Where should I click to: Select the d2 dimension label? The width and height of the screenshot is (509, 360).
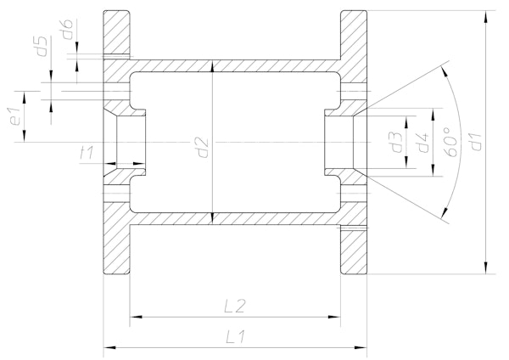point(204,148)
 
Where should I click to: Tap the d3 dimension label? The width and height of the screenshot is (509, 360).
point(397,142)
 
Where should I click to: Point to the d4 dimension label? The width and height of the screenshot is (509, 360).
point(423,143)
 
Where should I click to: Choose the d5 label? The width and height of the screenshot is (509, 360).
point(42,46)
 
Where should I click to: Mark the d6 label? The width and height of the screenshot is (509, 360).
point(67,29)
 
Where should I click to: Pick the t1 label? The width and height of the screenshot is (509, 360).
point(87,152)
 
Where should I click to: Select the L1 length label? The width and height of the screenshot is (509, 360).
point(236,336)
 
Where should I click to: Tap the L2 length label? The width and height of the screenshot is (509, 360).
point(236,306)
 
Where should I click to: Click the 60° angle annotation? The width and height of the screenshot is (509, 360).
point(451,142)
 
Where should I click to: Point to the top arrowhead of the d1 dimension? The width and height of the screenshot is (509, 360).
point(485,17)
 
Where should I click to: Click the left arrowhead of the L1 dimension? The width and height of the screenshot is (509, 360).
point(109,347)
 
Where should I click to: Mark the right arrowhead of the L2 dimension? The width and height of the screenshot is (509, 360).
point(334,317)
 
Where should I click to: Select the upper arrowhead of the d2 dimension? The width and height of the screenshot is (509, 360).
point(212,66)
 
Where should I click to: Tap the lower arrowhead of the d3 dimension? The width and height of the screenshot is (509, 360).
point(406,162)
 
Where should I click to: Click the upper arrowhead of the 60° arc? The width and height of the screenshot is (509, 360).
point(445,72)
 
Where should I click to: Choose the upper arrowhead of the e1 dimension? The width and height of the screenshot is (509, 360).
point(25,97)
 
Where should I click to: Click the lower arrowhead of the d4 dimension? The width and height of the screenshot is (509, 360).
point(433,171)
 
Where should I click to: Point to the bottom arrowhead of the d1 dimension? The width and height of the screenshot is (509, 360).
point(485,267)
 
